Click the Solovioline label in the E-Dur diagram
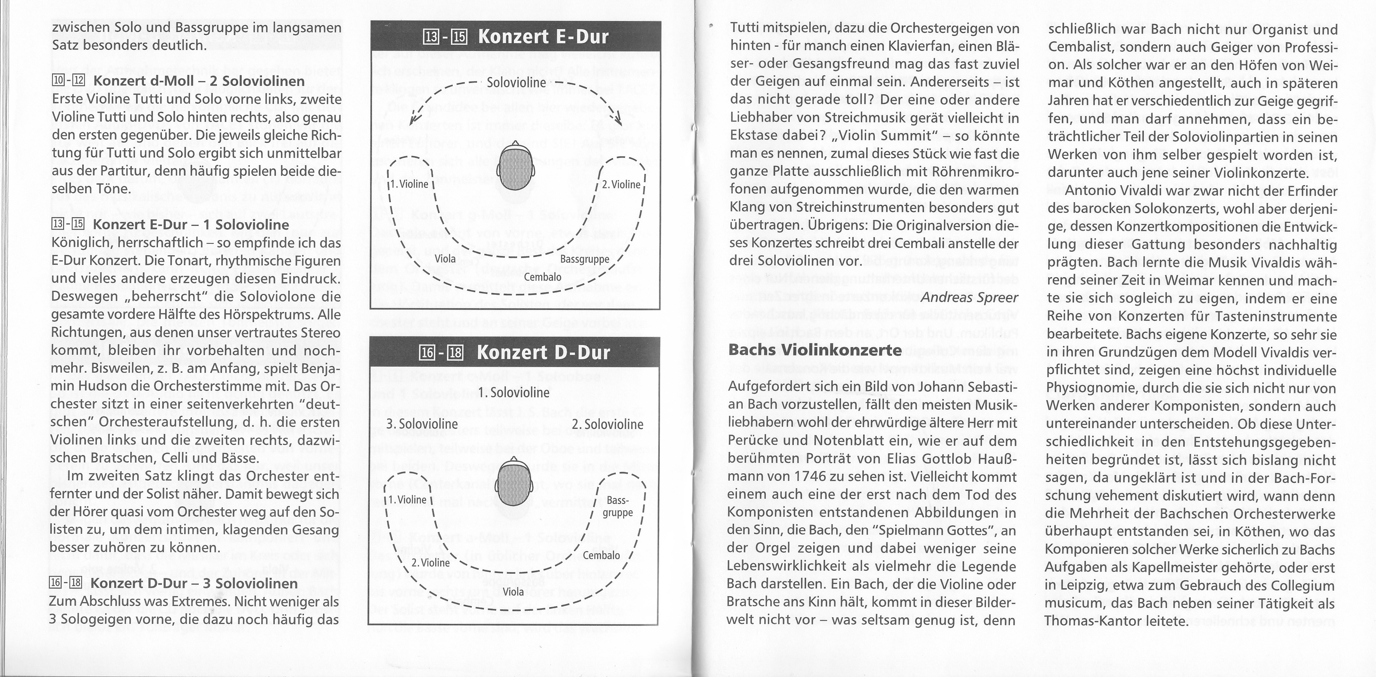click(516, 83)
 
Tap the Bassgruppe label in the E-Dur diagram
click(584, 259)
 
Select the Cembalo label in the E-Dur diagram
click(542, 277)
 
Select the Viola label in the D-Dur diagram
click(513, 592)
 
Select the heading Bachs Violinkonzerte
click(814, 350)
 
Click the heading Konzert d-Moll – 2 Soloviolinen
click(199, 81)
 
